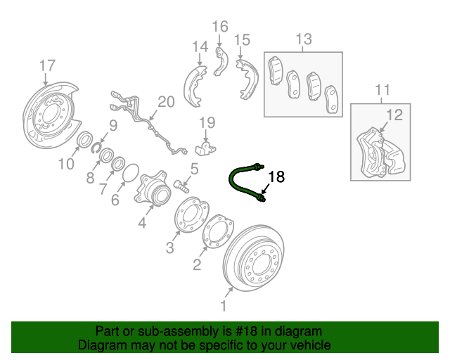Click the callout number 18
point(277,176)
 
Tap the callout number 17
point(46,66)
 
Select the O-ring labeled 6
point(131,174)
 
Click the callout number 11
point(382,90)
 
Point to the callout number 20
point(165,102)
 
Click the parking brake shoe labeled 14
point(193,83)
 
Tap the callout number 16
point(221,27)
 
